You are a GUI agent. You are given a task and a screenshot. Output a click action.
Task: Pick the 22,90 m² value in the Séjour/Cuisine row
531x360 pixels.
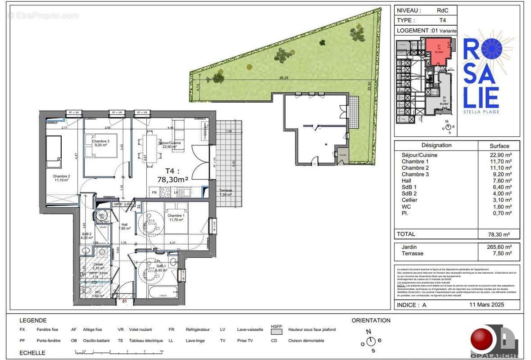[500, 155]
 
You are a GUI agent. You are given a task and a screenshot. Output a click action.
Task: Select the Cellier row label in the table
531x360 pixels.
[409, 200]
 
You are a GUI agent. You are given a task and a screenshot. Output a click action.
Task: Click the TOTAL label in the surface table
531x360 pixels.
[405, 234]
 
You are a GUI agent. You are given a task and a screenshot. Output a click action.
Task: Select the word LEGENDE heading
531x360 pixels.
[33, 320]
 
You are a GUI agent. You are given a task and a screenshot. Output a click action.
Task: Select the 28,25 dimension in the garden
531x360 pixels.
[284, 78]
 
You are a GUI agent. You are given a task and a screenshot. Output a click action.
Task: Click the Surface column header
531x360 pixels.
[499, 146]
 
